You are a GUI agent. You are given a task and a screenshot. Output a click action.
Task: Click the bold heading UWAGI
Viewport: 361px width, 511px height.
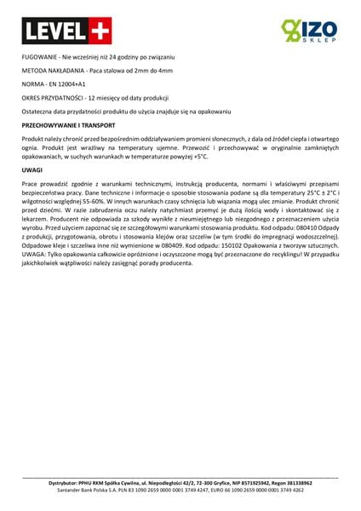tap(32, 171)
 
